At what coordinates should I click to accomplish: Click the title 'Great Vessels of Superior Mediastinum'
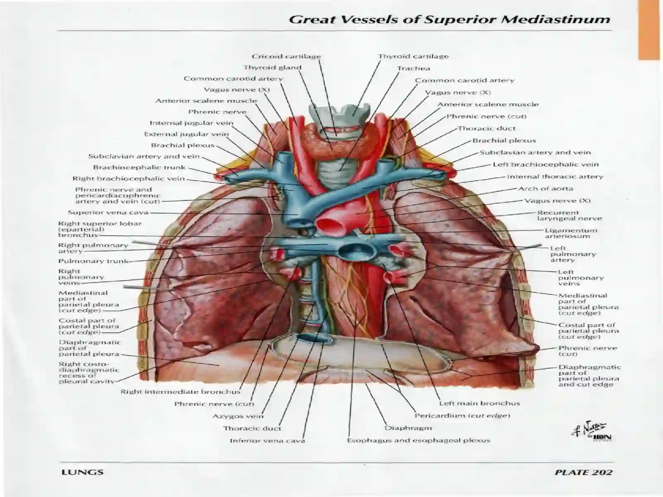[450, 19]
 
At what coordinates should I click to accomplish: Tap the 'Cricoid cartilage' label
[286, 56]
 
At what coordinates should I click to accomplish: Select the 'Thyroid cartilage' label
[413, 56]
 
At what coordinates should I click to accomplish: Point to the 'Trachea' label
[413, 68]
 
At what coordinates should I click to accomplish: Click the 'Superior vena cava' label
[108, 212]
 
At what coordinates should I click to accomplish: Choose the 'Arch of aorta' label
[545, 188]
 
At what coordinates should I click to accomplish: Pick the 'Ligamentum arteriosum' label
[571, 233]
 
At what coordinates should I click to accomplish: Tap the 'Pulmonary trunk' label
[94, 261]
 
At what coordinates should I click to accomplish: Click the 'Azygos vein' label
[238, 416]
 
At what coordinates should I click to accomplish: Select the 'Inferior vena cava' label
[267, 441]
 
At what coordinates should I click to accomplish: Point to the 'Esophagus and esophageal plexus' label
[419, 441]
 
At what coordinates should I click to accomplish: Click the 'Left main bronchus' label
[479, 403]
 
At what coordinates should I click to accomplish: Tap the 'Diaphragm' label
[408, 428]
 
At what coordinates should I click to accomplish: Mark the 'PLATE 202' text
[583, 472]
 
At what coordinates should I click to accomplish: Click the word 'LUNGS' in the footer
[82, 472]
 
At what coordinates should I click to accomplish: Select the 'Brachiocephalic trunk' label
[139, 167]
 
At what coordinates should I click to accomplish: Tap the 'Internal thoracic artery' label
[555, 176]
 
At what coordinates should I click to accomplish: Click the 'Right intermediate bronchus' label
[181, 392]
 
